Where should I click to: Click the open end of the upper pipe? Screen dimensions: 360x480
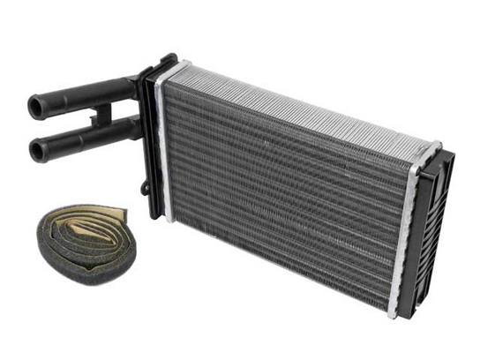click(x=36, y=107)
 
